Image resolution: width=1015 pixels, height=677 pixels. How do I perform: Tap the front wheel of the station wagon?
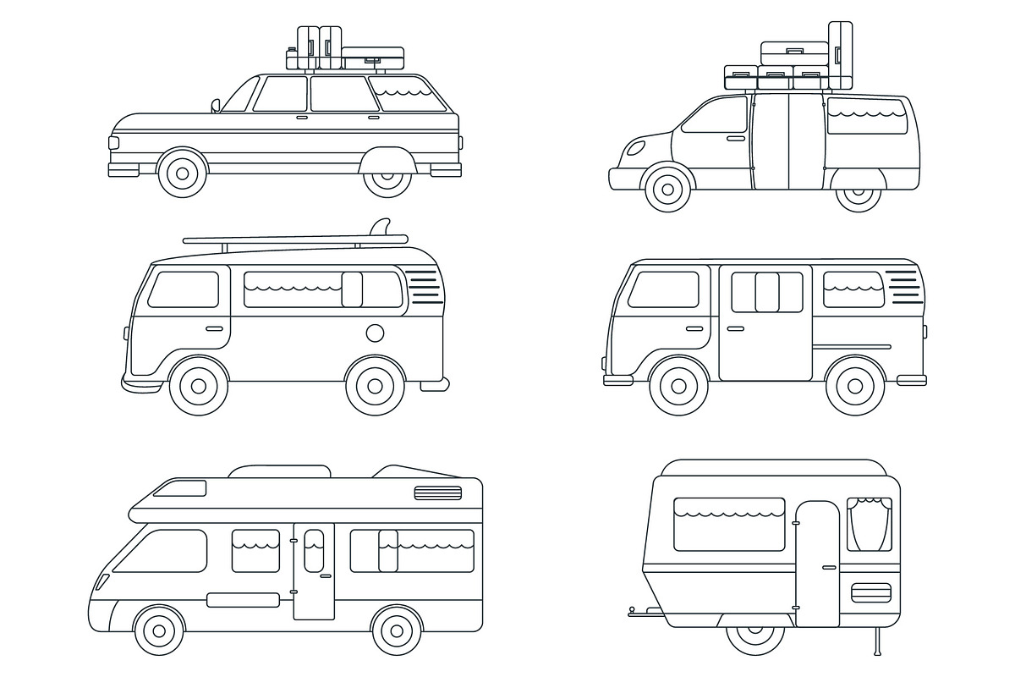point(181,173)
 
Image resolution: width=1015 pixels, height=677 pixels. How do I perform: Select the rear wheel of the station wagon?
point(387,175)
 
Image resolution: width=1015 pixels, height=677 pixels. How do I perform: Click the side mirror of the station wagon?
point(216,106)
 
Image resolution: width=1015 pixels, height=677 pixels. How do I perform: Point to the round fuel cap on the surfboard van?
point(375,331)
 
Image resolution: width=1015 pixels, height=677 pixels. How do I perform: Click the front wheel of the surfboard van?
point(199,386)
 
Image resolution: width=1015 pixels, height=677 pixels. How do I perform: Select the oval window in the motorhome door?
point(314,549)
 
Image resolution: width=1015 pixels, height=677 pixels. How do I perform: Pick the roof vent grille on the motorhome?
point(437,493)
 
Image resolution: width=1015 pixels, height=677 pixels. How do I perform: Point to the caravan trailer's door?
point(817,563)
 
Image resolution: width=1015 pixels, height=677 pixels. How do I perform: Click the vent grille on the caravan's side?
point(870,592)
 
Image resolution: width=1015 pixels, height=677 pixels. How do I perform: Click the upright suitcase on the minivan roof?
point(840,54)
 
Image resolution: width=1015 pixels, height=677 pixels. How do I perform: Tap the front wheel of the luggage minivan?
point(668,189)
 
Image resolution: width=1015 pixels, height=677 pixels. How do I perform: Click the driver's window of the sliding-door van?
point(663,289)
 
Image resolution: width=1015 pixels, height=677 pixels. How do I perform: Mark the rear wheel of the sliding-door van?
point(854,386)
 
